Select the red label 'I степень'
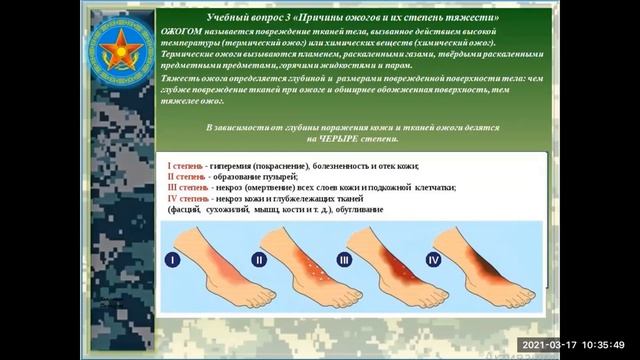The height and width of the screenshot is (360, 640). [x=185, y=165]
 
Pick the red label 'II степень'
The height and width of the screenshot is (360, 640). [x=187, y=176]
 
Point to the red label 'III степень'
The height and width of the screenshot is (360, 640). [x=189, y=187]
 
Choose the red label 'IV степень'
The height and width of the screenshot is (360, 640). [x=189, y=198]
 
